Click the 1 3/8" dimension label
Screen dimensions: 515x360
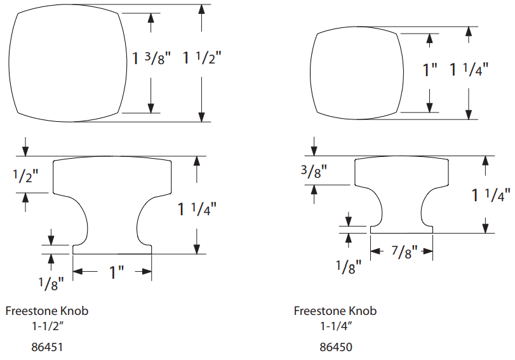coord(151,58)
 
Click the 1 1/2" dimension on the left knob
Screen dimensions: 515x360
coord(202,58)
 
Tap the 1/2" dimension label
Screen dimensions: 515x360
coord(25,176)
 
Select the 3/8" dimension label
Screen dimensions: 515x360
coord(314,171)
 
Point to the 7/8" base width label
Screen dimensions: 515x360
coord(405,251)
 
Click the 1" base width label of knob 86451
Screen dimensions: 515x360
coord(116,272)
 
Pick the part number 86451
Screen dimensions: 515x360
coord(47,347)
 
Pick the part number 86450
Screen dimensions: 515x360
coord(336,347)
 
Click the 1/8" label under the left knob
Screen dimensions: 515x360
coord(51,283)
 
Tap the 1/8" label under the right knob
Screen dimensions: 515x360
coord(349,267)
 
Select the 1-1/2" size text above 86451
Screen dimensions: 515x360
coord(47,326)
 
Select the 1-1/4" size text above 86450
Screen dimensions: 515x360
coord(336,326)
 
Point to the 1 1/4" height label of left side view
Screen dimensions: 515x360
coord(197,210)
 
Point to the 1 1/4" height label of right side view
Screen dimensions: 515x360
coord(491,196)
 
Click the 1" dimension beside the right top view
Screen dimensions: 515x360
coord(430,70)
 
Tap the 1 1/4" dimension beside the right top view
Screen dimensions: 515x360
coord(469,70)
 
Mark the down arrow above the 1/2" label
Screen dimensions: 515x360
coord(25,147)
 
